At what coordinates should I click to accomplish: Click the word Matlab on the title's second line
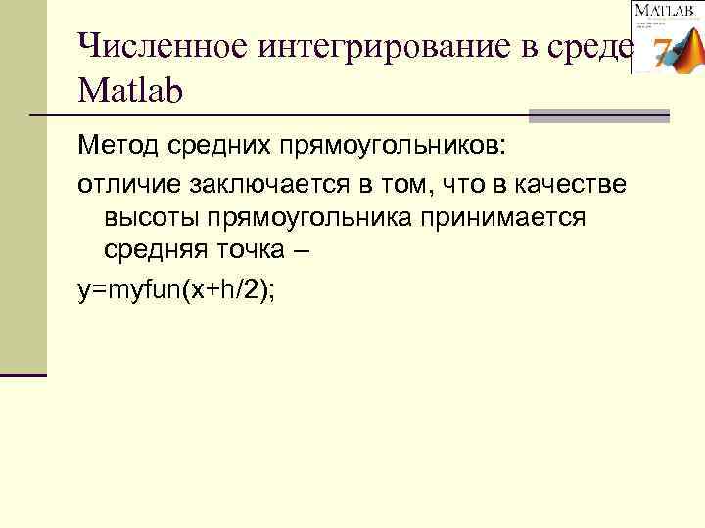pyautogui.click(x=129, y=92)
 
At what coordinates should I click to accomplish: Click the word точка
pyautogui.click(x=255, y=249)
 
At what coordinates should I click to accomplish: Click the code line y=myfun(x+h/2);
pyautogui.click(x=177, y=290)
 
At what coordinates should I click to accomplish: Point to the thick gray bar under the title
pyautogui.click(x=598, y=116)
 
